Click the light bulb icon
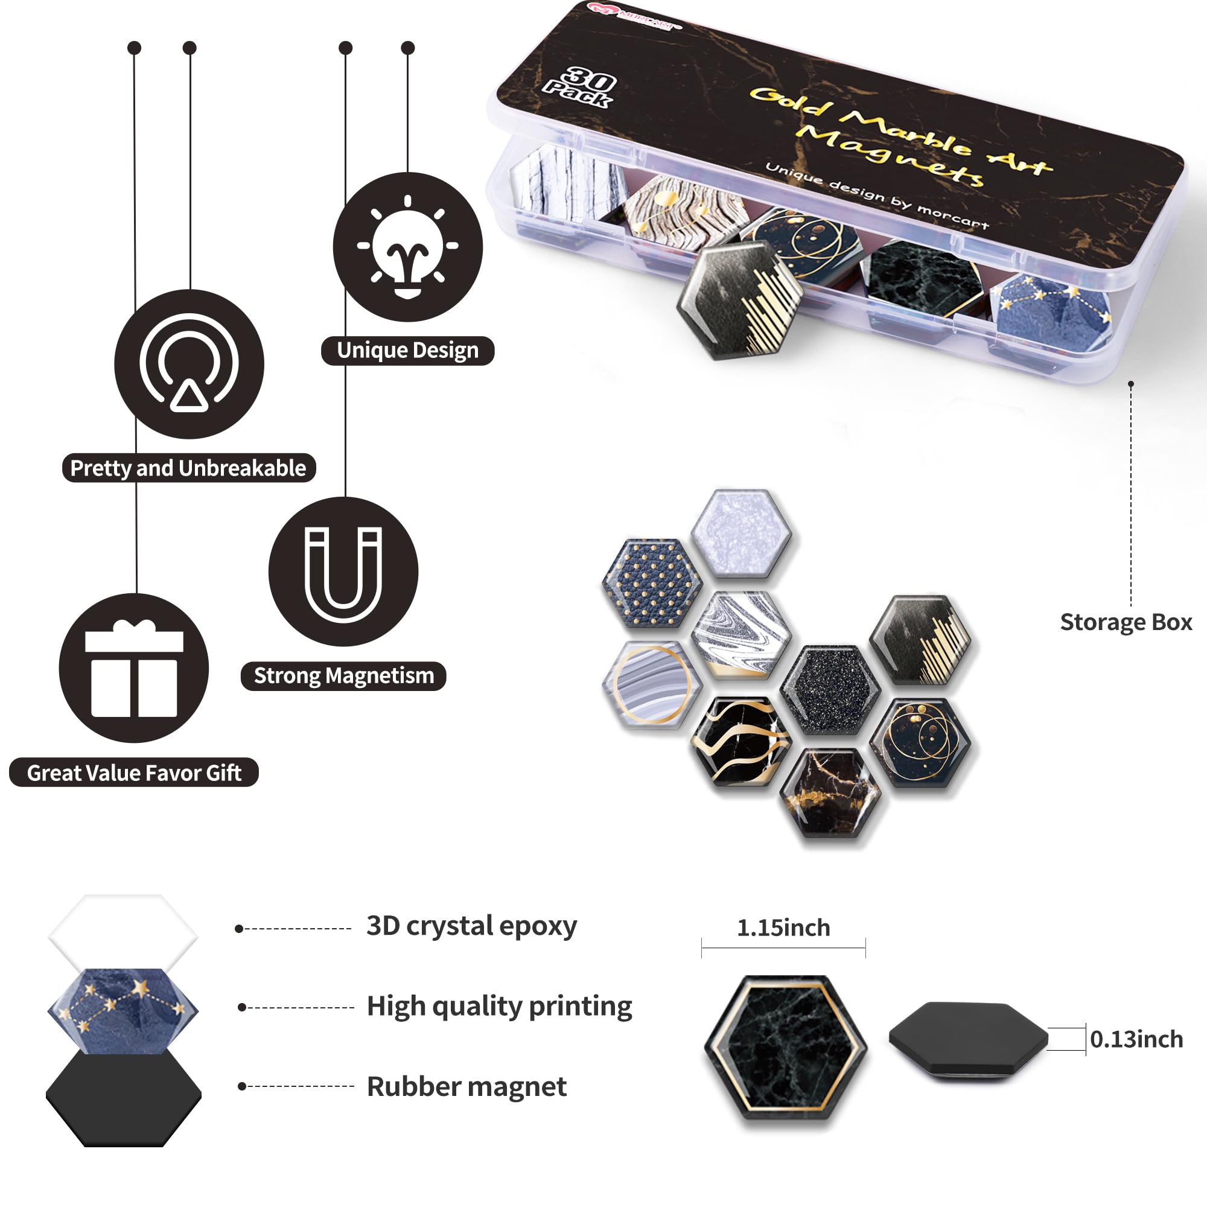[x=407, y=247]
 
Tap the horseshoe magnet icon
[x=343, y=574]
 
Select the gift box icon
[x=135, y=669]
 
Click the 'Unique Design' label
[x=407, y=351]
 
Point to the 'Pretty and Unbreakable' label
[x=188, y=468]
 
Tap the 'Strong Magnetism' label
[x=343, y=676]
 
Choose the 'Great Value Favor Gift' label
[x=134, y=773]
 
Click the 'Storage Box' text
[x=1126, y=622]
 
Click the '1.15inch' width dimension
[x=783, y=928]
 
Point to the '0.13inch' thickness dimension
[x=1136, y=1040]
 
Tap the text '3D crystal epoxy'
[x=472, y=926]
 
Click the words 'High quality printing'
[x=499, y=1007]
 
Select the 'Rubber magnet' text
[x=467, y=1087]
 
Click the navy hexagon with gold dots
[x=652, y=584]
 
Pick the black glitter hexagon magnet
[x=830, y=690]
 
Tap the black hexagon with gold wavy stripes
[x=741, y=742]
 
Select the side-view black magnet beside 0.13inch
[x=969, y=1040]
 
